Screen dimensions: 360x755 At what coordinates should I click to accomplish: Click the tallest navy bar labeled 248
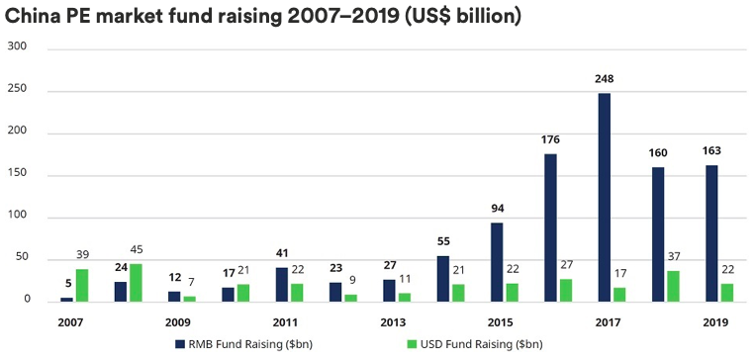pos(604,197)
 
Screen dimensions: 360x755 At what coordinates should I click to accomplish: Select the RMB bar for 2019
pos(711,233)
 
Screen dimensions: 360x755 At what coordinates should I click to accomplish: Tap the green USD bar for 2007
pos(82,285)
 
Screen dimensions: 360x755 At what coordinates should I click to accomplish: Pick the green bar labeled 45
pos(136,282)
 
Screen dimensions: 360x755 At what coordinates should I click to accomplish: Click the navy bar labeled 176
pos(550,227)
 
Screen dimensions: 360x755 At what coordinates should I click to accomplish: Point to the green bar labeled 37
pos(673,286)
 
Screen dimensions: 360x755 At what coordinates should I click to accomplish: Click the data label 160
pos(658,154)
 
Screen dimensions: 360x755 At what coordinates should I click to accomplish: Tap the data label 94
pos(497,209)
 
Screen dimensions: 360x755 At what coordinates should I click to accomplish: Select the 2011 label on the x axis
pos(285,322)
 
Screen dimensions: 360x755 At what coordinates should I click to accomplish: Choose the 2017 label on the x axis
pos(607,322)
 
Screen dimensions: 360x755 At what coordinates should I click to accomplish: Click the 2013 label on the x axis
pos(392,322)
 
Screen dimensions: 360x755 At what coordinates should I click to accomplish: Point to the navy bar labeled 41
pos(282,284)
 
